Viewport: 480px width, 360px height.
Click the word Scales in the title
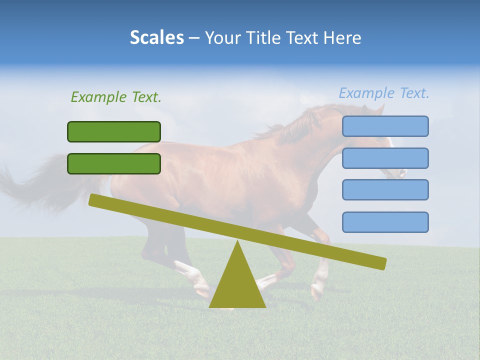157,38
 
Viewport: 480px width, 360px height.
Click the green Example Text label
116,97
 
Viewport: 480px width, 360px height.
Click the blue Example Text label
384,93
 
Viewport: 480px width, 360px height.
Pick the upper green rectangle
114,131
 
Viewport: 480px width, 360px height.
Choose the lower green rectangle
114,163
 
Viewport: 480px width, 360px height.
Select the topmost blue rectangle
385,126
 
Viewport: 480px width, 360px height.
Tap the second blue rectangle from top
385,158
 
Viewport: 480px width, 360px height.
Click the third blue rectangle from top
385,189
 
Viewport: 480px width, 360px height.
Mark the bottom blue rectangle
385,222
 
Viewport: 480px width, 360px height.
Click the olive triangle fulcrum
237,285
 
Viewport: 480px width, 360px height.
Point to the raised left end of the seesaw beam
95,200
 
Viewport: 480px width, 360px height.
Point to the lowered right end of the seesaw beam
380,263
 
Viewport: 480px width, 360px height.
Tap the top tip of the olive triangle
237,242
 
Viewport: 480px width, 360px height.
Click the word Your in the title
222,38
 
